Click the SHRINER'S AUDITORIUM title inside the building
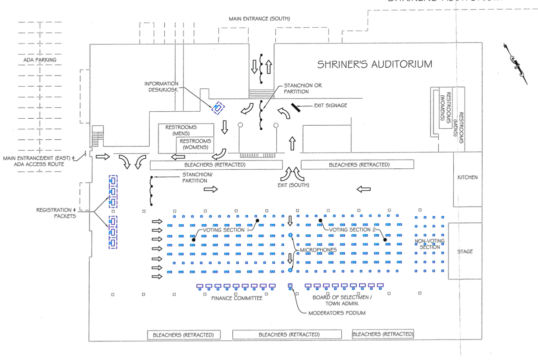(x=375, y=64)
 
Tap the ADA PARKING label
(x=40, y=60)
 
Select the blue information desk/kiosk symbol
(x=218, y=108)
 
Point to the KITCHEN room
(x=467, y=178)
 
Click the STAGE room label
(x=465, y=252)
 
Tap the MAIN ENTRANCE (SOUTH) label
(x=259, y=18)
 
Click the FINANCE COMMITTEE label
(x=237, y=298)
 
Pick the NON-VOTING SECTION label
(x=429, y=244)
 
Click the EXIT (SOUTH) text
(x=293, y=185)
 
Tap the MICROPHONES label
(x=318, y=250)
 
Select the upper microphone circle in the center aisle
(x=290, y=235)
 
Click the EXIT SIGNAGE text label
(x=330, y=105)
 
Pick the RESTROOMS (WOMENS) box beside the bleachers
(x=195, y=144)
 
